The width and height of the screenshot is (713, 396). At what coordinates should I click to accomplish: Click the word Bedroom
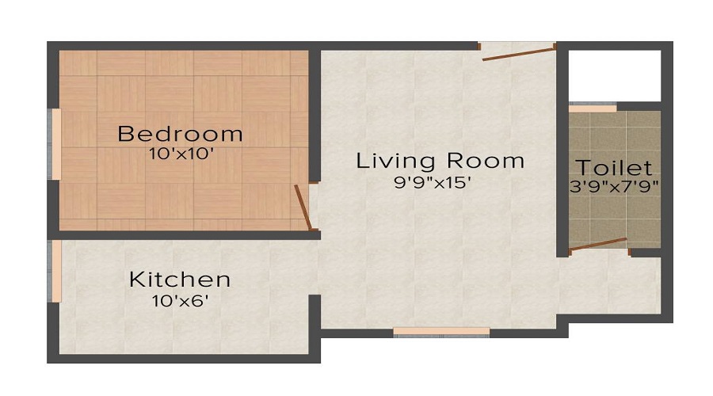point(180,133)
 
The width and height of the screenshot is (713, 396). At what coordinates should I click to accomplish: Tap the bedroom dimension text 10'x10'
point(181,154)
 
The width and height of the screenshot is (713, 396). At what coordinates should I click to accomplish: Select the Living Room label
point(440,161)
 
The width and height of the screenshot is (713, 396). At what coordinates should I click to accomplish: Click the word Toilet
point(615,168)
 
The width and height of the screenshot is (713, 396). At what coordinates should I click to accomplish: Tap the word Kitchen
point(180,279)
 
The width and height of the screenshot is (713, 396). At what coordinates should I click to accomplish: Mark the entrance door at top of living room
point(519,53)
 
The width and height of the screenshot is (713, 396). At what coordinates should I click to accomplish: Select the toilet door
point(598,244)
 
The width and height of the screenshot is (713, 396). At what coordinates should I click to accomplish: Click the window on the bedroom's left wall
point(55,144)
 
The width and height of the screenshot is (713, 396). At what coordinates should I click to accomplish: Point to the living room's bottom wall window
point(441,332)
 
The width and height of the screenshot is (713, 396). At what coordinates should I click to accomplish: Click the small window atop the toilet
point(593,107)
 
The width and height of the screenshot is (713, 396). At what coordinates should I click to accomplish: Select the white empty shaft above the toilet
point(615,75)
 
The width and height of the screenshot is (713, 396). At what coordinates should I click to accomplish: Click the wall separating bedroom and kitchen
point(182,234)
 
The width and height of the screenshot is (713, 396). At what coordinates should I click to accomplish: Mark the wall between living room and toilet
point(562,158)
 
